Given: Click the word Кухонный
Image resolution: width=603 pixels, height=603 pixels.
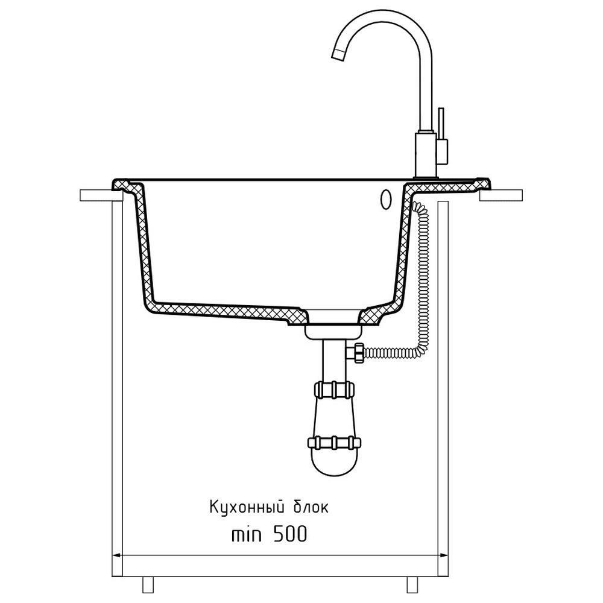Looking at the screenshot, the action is pos(247,507).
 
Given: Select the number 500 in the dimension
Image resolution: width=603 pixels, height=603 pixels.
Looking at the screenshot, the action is pos(291,534).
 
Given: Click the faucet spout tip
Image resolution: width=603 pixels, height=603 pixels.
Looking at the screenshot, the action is pos(338,55).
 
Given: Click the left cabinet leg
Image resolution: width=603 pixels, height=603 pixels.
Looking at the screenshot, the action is pos(148,584).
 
